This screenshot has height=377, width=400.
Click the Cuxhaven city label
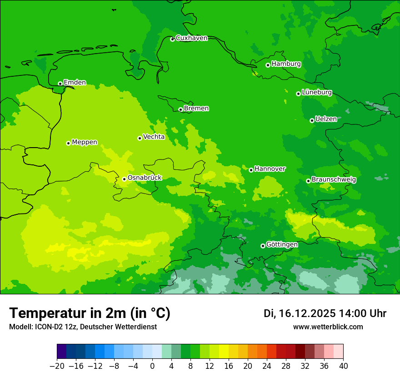[x=191, y=38]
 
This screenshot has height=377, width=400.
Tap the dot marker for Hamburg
[x=268, y=65]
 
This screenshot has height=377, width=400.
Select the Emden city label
[x=75, y=82]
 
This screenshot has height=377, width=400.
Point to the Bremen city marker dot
[x=180, y=109]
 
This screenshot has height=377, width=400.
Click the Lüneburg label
[x=317, y=92]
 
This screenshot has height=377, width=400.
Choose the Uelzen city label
[x=326, y=119]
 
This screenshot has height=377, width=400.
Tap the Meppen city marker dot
[x=68, y=143]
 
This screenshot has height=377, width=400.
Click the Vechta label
[x=154, y=137]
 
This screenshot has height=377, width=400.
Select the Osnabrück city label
[x=145, y=178]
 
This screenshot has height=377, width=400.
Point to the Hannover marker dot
[x=251, y=170]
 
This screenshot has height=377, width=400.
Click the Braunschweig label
[x=334, y=179]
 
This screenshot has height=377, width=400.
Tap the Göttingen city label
[x=282, y=244]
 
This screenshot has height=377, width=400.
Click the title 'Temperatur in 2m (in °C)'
[x=90, y=313]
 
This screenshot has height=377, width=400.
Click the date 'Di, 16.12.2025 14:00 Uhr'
[x=325, y=313]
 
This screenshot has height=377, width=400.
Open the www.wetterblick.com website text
[x=328, y=327]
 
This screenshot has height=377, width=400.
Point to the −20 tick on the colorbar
[x=57, y=366]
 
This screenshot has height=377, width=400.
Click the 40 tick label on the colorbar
[x=343, y=366]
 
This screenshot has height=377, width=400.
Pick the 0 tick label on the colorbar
[x=152, y=366]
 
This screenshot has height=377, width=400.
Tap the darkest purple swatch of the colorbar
[x=61, y=352]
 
